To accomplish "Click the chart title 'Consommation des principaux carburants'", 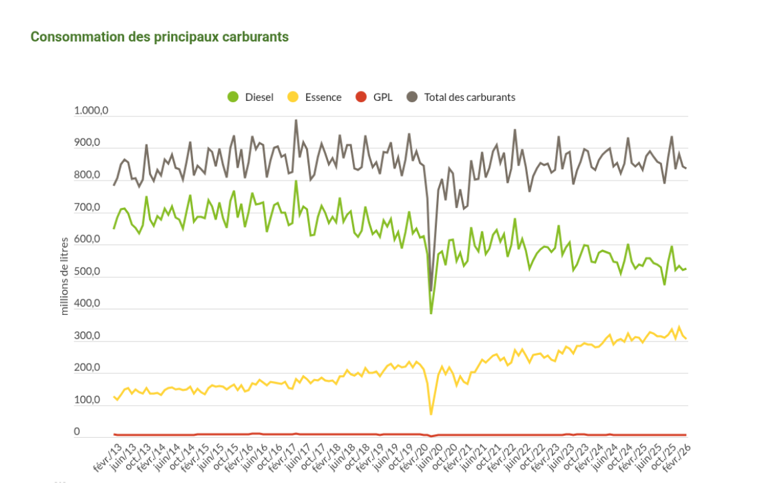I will pyautogui.click(x=160, y=37).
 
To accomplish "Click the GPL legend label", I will pyautogui.click(x=382, y=97).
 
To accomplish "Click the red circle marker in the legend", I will pyautogui.click(x=361, y=97).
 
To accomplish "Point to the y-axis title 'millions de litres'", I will pyautogui.click(x=65, y=275).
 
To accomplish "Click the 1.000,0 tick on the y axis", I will pyautogui.click(x=91, y=112).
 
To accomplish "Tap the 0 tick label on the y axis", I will pyautogui.click(x=77, y=432).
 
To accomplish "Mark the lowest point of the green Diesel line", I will pyautogui.click(x=431, y=313).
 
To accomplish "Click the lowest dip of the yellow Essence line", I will pyautogui.click(x=431, y=414).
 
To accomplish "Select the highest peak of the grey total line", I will pyautogui.click(x=296, y=120).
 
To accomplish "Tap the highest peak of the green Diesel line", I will pyautogui.click(x=296, y=181).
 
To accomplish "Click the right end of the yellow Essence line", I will pyautogui.click(x=686, y=339).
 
